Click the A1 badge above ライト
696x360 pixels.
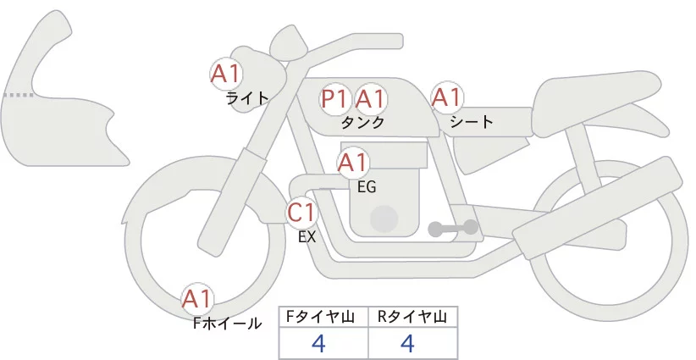point(226,74)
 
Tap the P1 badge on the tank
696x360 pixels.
point(334,99)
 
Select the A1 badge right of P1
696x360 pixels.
point(370,99)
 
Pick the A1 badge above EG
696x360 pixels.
point(353,162)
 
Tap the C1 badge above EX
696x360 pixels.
point(301,212)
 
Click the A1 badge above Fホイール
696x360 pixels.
point(197,299)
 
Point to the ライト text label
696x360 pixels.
point(247,97)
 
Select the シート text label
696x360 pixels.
point(472,122)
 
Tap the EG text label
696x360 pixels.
point(367,186)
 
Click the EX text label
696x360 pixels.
point(307,237)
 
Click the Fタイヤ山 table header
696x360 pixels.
point(324,317)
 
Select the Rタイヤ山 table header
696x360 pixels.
point(412,317)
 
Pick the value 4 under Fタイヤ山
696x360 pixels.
point(318,344)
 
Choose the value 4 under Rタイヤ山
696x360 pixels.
point(407,344)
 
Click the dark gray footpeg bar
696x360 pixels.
point(454,228)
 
